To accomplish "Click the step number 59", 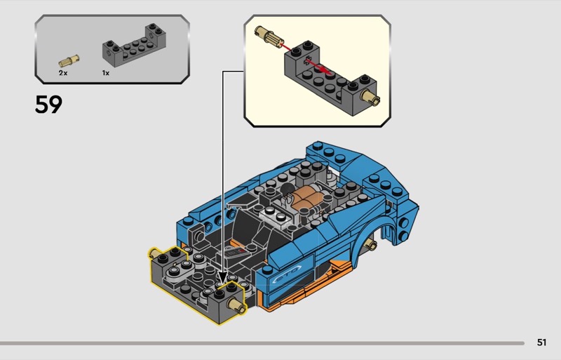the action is tap(48, 105).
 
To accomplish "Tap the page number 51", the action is tap(541, 342).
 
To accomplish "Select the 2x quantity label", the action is tap(63, 73).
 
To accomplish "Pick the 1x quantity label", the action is tap(106, 73).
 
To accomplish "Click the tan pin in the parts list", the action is tap(69, 61).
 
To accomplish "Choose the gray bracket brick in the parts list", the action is tap(134, 46).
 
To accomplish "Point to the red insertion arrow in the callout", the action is tap(304, 58).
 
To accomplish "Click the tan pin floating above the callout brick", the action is tap(269, 36).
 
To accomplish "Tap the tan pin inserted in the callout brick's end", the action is tap(371, 96).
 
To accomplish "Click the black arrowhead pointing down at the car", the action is tap(222, 278).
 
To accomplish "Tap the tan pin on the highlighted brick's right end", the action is tap(237, 305).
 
